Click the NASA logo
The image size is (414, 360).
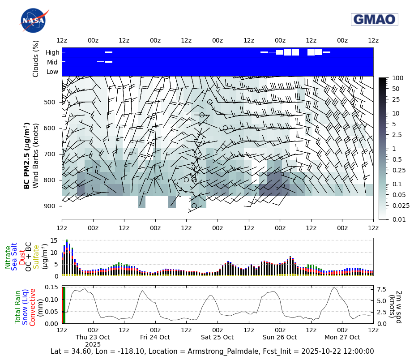[x=33, y=20]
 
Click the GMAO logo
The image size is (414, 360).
[x=375, y=19]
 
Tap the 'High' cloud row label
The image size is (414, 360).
[x=52, y=52]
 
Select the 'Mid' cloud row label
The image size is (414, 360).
[x=53, y=62]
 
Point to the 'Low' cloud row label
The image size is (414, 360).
[x=52, y=72]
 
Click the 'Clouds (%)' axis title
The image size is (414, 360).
[x=36, y=58]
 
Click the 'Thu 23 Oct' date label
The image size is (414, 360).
[x=93, y=337]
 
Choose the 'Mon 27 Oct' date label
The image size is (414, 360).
[x=342, y=337]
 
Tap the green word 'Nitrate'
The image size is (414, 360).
[x=8, y=257]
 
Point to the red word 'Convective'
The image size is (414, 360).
[x=32, y=307]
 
